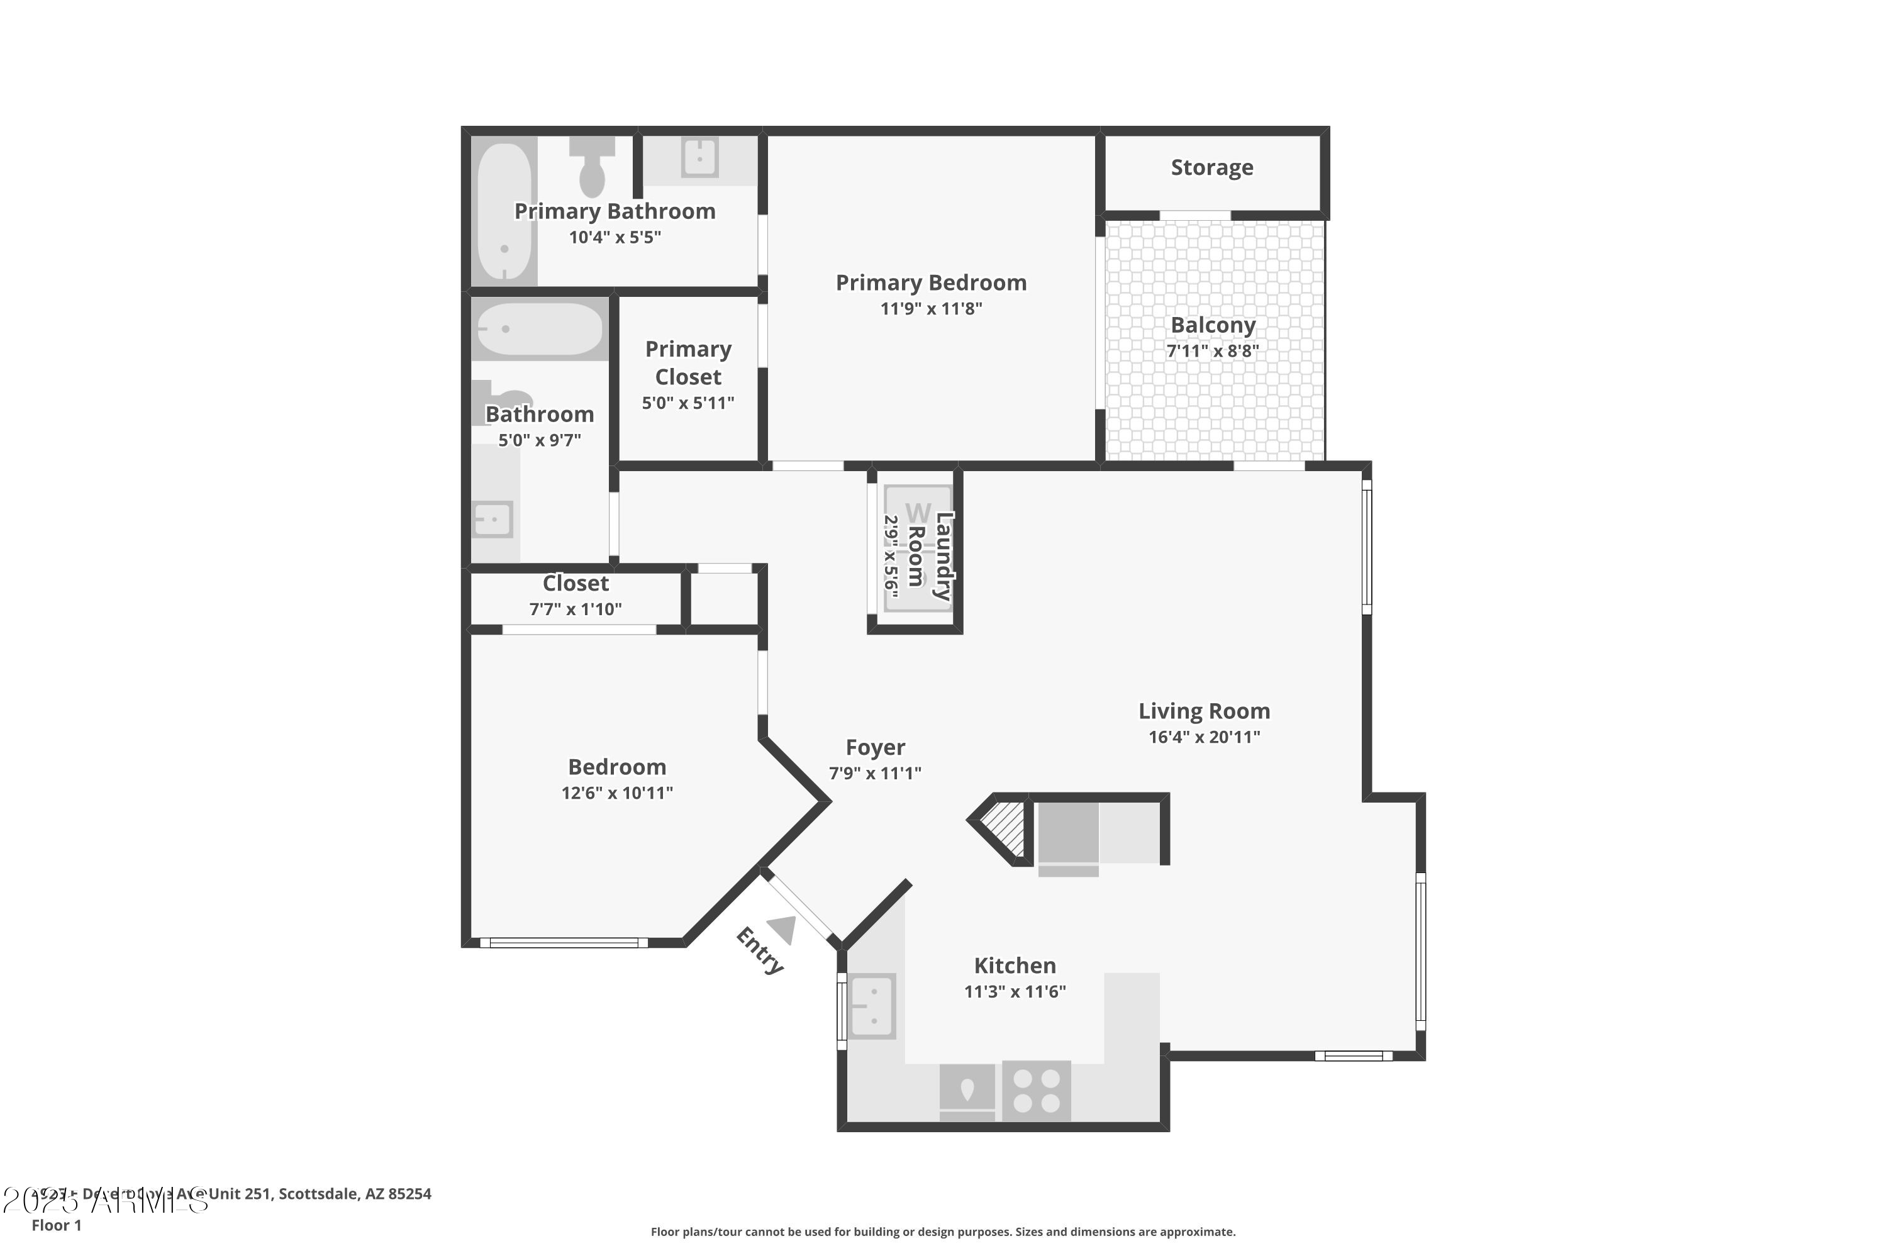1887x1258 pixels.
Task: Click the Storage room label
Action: (1211, 168)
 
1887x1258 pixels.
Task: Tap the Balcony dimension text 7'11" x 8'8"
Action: (1212, 350)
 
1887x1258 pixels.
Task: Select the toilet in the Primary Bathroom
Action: (592, 169)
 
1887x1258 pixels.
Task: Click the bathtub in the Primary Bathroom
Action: (504, 210)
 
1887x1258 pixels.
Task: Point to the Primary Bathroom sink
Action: (699, 157)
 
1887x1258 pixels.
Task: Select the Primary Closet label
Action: (688, 363)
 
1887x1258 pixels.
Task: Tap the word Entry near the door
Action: (759, 950)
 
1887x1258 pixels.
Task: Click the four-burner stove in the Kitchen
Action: (1036, 1091)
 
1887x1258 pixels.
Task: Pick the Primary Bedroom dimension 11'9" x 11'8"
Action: (931, 309)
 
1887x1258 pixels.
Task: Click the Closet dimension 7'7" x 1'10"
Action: (576, 610)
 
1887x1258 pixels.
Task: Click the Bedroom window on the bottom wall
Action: (564, 943)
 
